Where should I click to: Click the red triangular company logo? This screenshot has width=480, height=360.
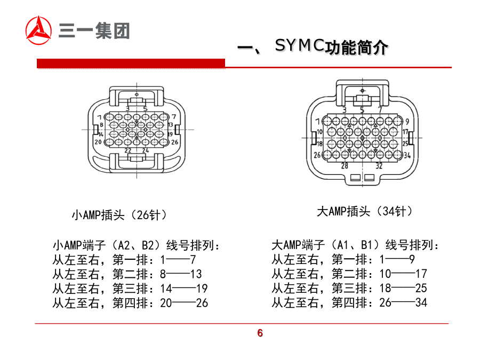39,30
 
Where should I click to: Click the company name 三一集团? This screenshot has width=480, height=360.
94,30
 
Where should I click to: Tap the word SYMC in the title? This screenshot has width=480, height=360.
299,46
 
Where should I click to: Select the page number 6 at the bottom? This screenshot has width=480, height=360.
260,334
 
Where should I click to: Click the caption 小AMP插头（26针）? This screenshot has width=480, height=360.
119,215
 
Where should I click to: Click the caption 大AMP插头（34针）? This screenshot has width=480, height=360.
365,211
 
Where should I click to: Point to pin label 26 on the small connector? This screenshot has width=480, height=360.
174,142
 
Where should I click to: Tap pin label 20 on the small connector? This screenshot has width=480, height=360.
98,142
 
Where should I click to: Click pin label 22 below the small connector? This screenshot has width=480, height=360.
128,151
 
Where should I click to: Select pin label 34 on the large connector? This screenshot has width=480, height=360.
406,155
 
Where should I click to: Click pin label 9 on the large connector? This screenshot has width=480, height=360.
406,121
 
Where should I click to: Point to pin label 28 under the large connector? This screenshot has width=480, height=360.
345,165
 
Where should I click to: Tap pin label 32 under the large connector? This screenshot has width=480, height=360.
379,165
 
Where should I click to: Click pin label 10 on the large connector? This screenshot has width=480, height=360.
320,132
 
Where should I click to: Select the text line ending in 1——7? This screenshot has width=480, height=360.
124,260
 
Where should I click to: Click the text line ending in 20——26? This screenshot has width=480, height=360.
130,303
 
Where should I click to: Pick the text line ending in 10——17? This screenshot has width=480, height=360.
349,274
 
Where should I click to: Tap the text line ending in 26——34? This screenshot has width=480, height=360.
349,303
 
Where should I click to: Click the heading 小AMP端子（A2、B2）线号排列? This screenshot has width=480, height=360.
137,246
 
